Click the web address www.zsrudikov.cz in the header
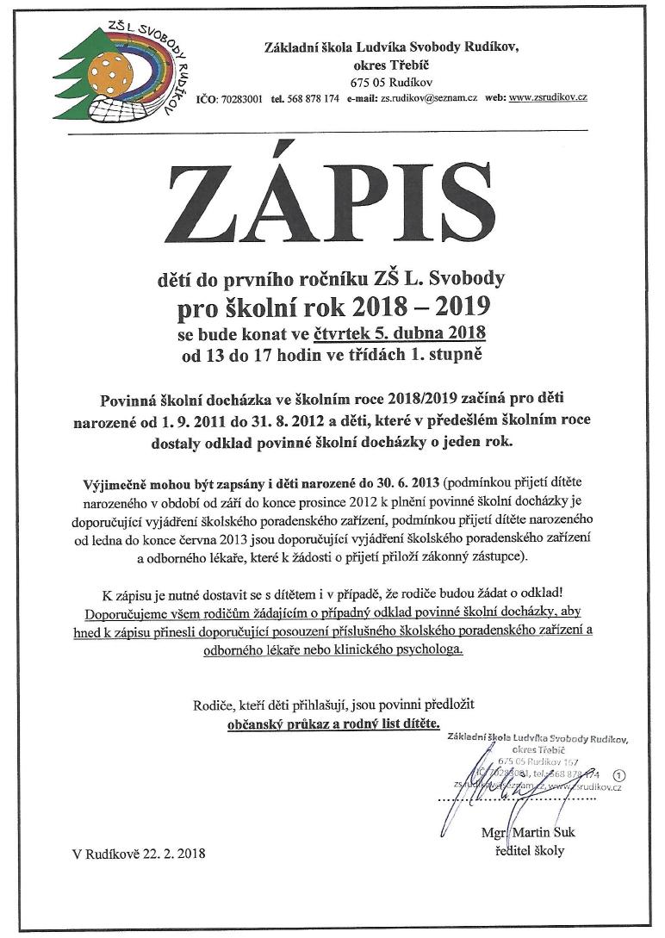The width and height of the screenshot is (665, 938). coord(548,99)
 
